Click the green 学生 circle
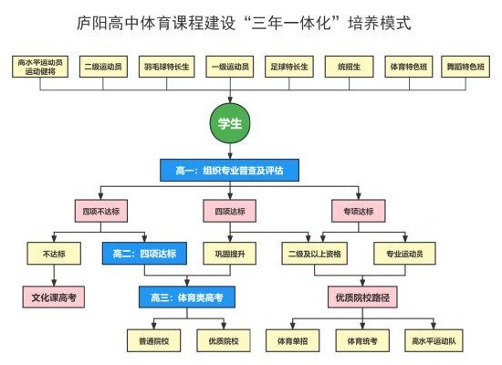click(230, 123)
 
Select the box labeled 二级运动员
click(103, 67)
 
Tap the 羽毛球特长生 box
click(166, 67)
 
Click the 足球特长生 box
click(289, 67)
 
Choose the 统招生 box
click(349, 67)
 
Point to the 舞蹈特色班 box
click(465, 67)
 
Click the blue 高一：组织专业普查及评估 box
click(229, 170)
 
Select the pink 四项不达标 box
click(101, 211)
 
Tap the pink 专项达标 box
click(359, 211)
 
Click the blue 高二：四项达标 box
click(144, 254)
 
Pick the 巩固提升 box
click(230, 254)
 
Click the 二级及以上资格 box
click(314, 254)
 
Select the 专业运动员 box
click(404, 254)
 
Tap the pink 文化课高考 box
click(54, 297)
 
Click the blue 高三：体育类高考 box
click(187, 297)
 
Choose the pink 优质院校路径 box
click(362, 297)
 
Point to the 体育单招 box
click(293, 340)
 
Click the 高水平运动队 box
click(434, 340)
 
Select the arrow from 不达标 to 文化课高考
click(54, 276)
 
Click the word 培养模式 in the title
click(380, 23)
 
